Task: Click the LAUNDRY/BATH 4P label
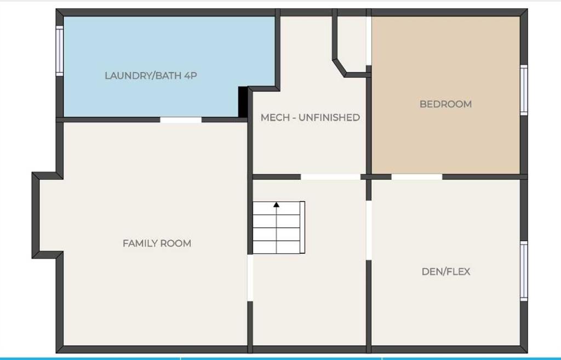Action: (151, 76)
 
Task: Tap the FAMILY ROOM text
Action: (157, 243)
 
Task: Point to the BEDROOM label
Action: (445, 104)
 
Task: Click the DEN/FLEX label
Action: (446, 272)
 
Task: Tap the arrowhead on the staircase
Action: (276, 205)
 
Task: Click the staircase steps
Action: (279, 227)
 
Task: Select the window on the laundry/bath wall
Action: (59, 51)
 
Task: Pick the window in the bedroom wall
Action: (523, 90)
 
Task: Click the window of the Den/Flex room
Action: (523, 271)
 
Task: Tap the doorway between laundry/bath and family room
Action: (181, 120)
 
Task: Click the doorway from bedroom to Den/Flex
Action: (417, 177)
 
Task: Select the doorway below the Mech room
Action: (330, 177)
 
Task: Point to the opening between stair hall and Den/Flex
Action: (369, 230)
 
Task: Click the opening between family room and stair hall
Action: (250, 278)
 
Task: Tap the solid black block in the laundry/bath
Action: (243, 102)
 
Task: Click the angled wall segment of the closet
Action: (339, 68)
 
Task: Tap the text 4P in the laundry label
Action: (191, 76)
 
